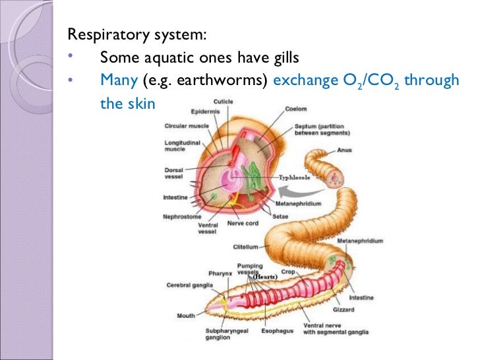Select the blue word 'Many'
point(118,81)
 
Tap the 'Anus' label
point(345,150)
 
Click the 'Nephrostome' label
point(183,216)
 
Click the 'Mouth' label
point(186,316)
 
